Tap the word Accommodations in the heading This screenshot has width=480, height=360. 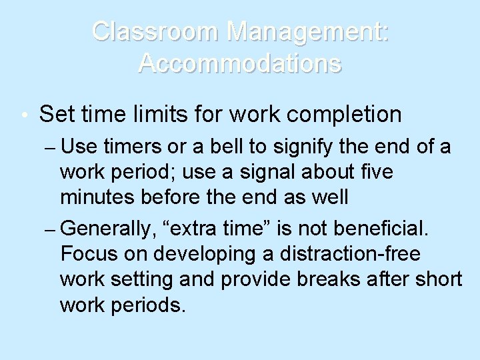click(240, 63)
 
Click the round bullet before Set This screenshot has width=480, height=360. click(24, 115)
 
